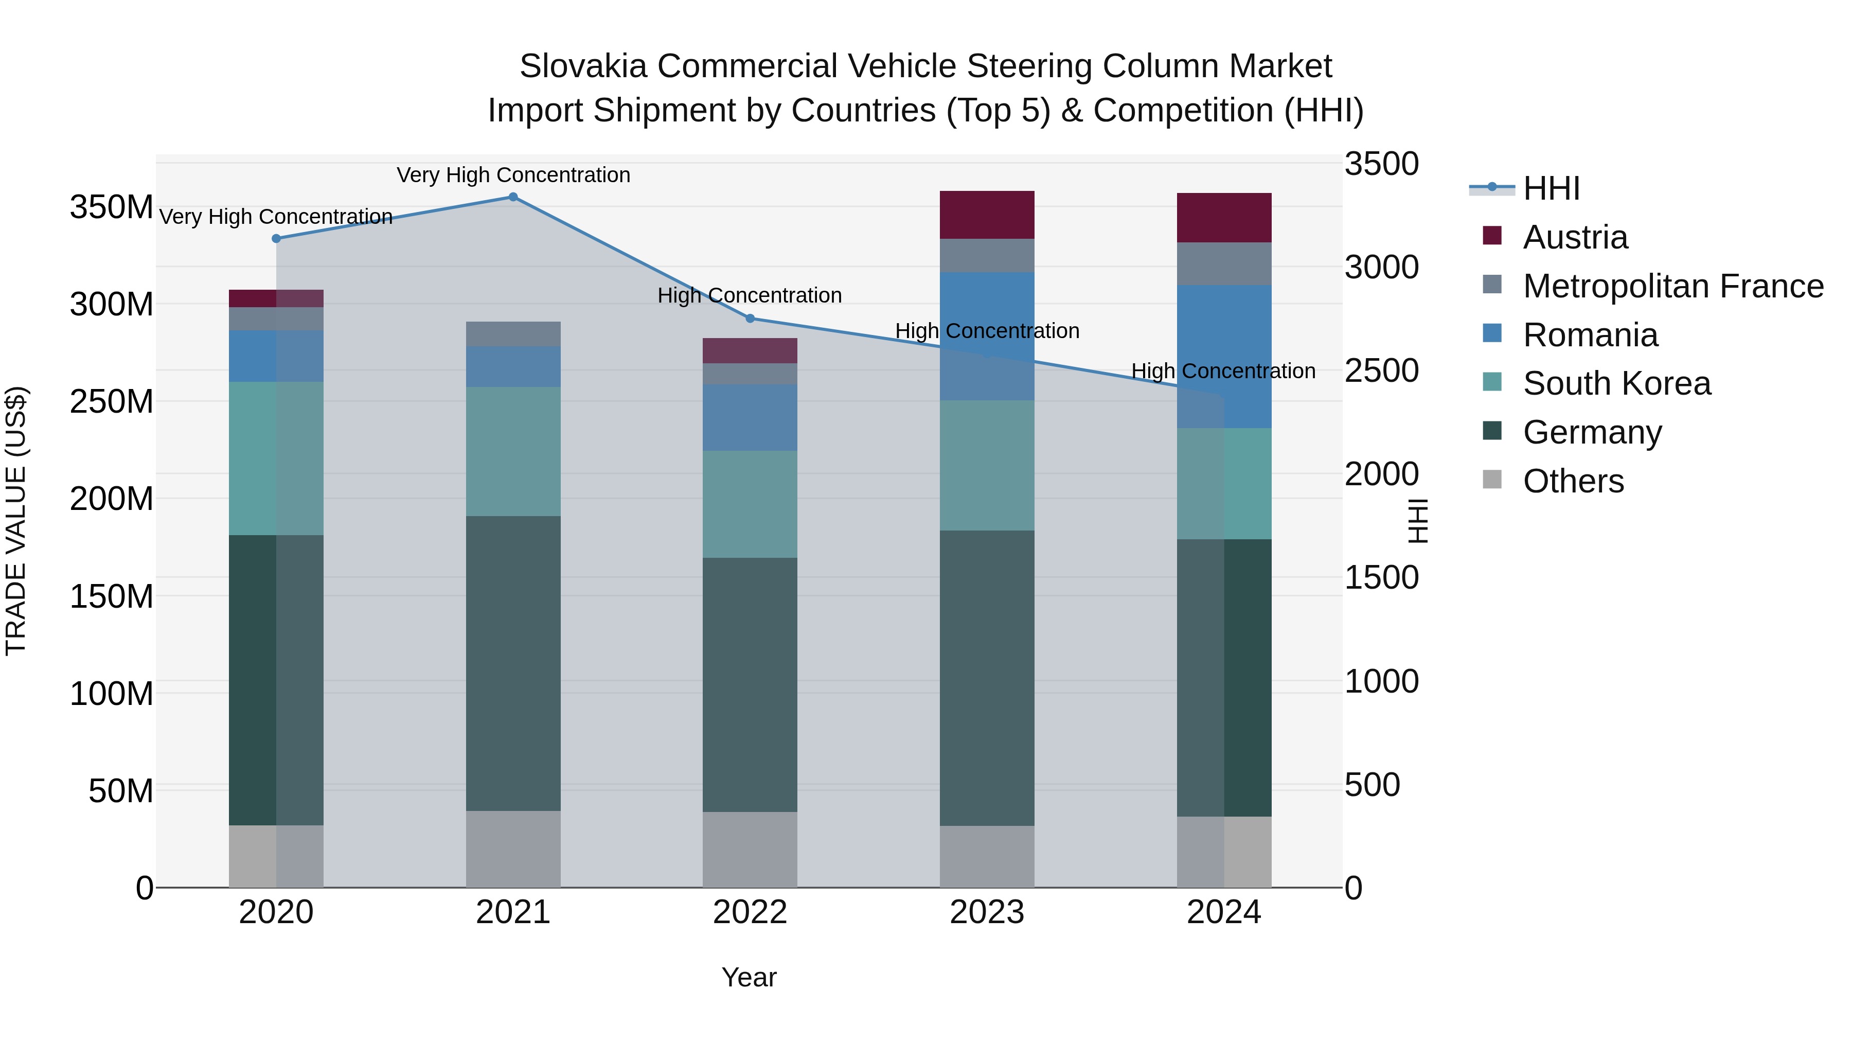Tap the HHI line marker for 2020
276,239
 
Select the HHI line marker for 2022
750,319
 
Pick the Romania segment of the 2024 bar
1224,357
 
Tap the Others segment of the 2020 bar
276,856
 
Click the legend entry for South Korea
1616,383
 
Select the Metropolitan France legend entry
1672,286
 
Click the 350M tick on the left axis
112,207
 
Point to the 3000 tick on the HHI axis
1381,268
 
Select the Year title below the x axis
749,977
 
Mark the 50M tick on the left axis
121,791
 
